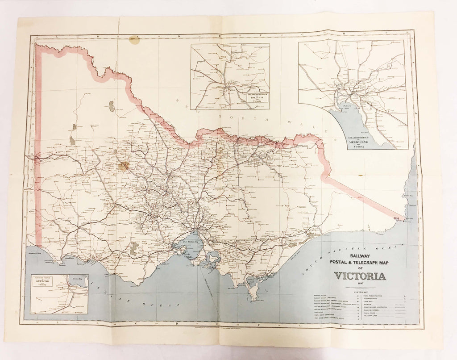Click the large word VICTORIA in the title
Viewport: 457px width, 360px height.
(x=360, y=276)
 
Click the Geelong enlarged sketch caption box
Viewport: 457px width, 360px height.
(x=43, y=281)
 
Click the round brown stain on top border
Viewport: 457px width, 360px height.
(x=134, y=40)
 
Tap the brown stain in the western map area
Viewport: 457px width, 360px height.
(x=124, y=166)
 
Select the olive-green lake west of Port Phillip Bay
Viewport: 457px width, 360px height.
(x=133, y=248)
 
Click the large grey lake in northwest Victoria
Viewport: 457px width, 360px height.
(x=111, y=106)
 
